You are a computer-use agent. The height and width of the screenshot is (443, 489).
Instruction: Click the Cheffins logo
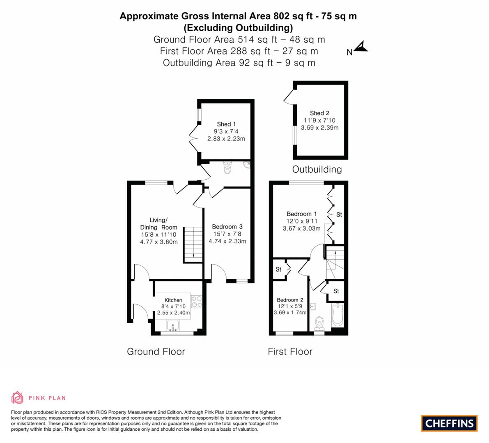tap(449, 423)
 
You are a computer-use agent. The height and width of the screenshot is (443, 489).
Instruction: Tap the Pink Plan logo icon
tap(17, 397)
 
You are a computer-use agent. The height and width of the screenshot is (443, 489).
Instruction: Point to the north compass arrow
tap(360, 48)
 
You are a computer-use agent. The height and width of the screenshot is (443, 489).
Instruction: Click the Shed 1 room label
tap(226, 124)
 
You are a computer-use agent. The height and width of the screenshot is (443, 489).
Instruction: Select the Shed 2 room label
tap(319, 113)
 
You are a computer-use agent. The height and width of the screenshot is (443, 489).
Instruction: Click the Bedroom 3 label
tap(227, 227)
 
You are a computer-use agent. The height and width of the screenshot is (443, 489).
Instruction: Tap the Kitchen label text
tap(173, 300)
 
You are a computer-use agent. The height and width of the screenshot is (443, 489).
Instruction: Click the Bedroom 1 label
tap(301, 214)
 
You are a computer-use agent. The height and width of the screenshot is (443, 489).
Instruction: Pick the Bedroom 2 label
tap(290, 300)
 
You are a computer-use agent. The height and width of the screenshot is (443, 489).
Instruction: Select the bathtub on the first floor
tap(337, 315)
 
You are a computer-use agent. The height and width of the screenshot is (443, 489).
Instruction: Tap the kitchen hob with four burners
tap(197, 301)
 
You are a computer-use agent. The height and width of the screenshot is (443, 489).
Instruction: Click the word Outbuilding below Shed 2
tap(317, 169)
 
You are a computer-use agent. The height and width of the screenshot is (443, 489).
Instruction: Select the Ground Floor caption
tap(156, 352)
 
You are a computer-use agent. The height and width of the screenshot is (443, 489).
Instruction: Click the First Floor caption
tap(290, 352)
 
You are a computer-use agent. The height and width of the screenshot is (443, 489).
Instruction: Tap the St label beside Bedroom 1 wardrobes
tap(339, 215)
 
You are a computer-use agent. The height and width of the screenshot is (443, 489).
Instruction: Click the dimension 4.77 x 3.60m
tap(158, 242)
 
